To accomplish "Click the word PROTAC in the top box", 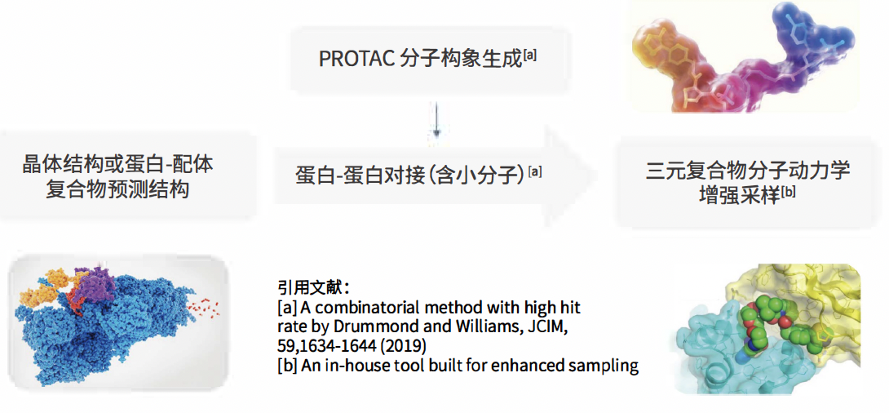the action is tap(356, 59).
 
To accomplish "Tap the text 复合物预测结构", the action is tap(117, 189).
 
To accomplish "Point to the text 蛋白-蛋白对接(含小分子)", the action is tap(411, 174).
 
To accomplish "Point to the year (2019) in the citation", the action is tap(405, 347).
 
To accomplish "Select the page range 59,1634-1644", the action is tap(328, 347).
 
